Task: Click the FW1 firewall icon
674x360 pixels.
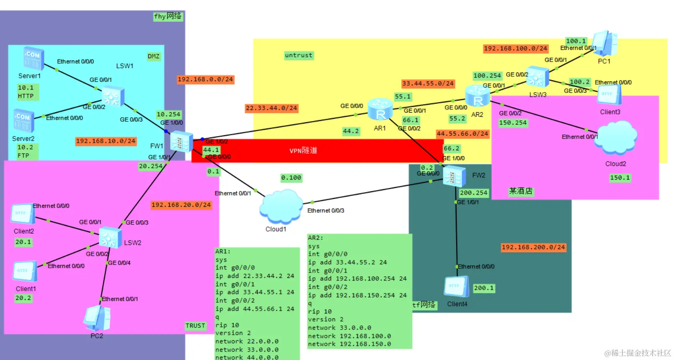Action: pos(181,142)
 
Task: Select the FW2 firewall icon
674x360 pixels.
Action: pos(454,176)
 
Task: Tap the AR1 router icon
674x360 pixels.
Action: pos(380,110)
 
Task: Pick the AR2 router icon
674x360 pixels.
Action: pos(478,96)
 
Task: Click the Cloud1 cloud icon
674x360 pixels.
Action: pos(281,206)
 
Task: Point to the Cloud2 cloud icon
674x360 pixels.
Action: pos(616,138)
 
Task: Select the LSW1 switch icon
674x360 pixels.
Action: pos(113,96)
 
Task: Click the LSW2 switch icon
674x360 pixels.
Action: pos(110,238)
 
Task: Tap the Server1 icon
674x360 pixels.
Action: pos(34,58)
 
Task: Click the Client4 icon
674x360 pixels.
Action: pos(456,287)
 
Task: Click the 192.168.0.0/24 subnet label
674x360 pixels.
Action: pos(205,80)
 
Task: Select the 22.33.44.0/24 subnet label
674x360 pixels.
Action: pos(271,108)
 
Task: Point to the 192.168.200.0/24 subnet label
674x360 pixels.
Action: pos(533,247)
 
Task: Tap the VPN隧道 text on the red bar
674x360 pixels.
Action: pos(303,151)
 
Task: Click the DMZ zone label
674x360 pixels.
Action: pos(153,57)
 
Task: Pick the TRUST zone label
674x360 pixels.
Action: pos(195,326)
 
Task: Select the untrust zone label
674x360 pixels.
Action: pos(298,55)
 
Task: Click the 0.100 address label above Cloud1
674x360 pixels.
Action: pos(291,178)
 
